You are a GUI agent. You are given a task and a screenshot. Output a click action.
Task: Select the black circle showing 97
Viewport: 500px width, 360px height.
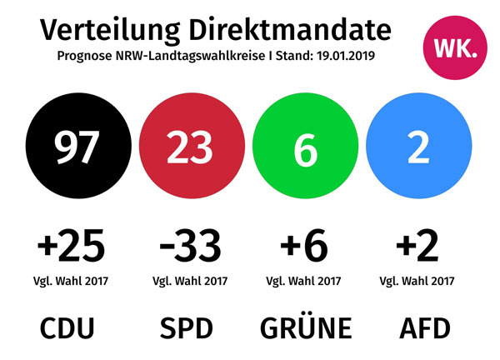[77, 148]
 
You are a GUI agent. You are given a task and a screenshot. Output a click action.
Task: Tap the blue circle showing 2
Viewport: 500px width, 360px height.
[417, 148]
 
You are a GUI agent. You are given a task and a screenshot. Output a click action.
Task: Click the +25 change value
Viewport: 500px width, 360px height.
[72, 246]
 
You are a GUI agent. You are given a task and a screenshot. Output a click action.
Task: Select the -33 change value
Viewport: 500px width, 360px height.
[190, 246]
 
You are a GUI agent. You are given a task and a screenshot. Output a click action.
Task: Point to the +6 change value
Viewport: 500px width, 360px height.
[304, 246]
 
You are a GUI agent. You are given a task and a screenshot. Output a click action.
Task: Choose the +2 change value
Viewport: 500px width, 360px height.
[417, 246]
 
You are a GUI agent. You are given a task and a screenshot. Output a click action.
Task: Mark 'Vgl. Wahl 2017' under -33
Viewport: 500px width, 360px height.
[190, 280]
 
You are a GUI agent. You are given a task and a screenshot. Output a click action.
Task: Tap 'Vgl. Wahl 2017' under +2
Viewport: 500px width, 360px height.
[417, 280]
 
